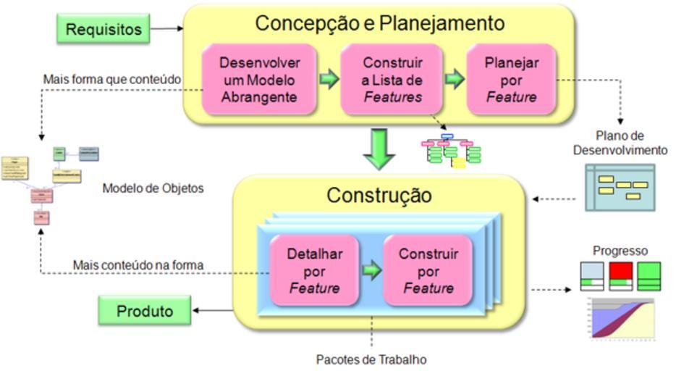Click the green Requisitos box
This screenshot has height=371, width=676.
pyautogui.click(x=103, y=29)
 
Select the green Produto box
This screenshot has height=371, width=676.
pyautogui.click(x=145, y=311)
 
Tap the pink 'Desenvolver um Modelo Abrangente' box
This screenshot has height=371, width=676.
pyautogui.click(x=259, y=80)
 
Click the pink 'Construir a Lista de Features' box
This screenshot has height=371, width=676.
pyautogui.click(x=392, y=80)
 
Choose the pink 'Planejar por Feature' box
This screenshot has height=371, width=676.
pyautogui.click(x=512, y=80)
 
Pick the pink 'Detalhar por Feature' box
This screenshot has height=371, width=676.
pyautogui.click(x=314, y=271)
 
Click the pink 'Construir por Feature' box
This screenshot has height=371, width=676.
pyautogui.click(x=428, y=271)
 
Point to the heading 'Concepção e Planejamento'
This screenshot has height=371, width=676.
pyautogui.click(x=380, y=23)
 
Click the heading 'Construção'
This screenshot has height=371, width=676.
pyautogui.click(x=379, y=196)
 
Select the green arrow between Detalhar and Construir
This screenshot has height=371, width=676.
pyautogui.click(x=371, y=271)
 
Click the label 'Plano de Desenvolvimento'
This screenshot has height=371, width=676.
pyautogui.click(x=620, y=143)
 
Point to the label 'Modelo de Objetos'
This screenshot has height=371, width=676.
pyautogui.click(x=153, y=188)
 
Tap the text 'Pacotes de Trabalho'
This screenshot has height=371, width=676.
pyautogui.click(x=371, y=359)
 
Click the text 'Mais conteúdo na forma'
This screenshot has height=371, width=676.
pyautogui.click(x=138, y=265)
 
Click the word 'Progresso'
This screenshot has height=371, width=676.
pyautogui.click(x=620, y=251)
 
